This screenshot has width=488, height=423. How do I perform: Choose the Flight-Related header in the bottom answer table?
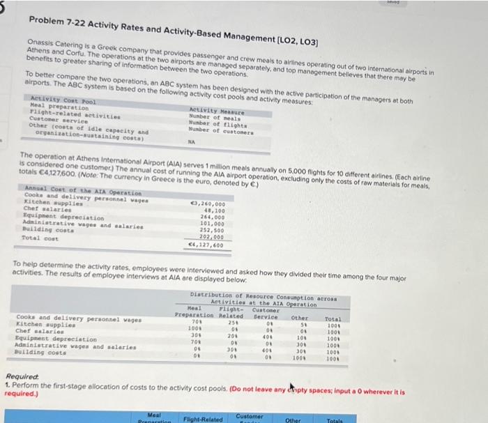(203, 418)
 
